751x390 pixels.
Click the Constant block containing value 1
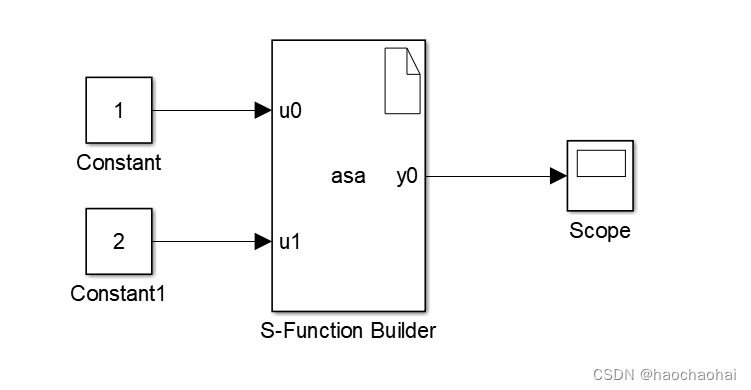118,111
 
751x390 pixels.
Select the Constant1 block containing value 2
118,241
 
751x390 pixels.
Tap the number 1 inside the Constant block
119,111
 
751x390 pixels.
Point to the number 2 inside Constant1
119,241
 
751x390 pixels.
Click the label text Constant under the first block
118,163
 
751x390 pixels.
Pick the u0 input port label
290,111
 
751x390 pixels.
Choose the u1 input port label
290,241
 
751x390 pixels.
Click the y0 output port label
407,177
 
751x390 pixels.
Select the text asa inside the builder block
348,177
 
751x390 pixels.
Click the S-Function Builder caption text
349,330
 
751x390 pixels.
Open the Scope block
600,176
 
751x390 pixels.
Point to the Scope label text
600,231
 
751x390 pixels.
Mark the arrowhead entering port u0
263,111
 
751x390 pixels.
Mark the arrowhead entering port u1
263,241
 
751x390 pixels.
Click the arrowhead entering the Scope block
558,176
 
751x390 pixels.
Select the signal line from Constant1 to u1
205,241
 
